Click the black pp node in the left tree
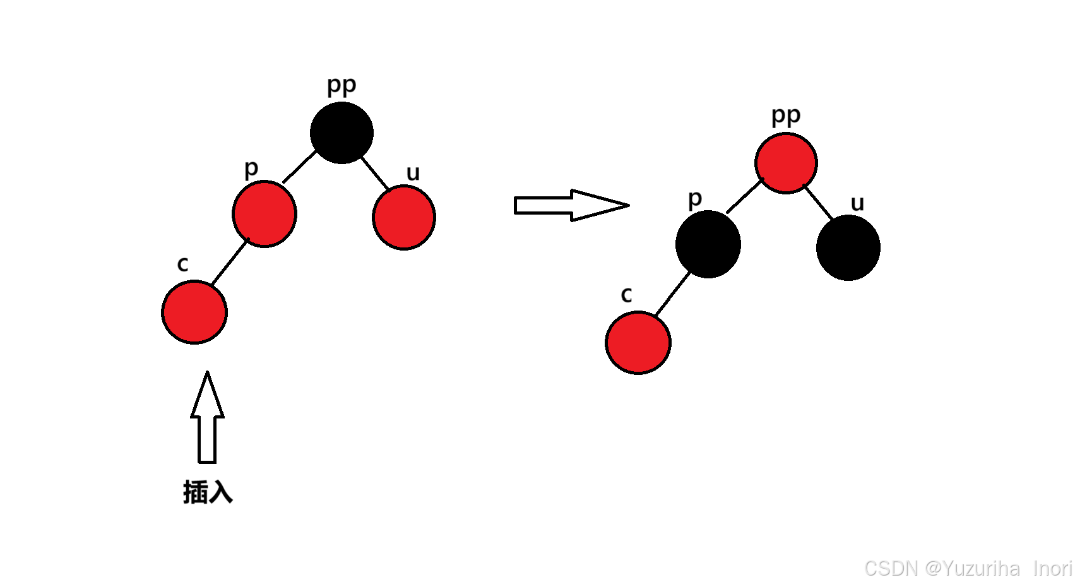[x=342, y=133]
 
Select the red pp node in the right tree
[x=786, y=163]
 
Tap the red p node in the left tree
[x=264, y=213]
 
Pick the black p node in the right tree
[x=708, y=244]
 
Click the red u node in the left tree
[x=404, y=217]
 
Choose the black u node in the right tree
[x=848, y=247]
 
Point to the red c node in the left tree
[x=194, y=312]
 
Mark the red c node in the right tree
[x=638, y=343]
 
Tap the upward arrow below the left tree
[x=207, y=420]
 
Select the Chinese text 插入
[x=208, y=492]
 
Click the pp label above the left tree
[x=342, y=85]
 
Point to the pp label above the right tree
[x=786, y=116]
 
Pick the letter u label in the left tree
[x=413, y=173]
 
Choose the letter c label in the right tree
[x=626, y=294]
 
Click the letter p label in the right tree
[x=694, y=199]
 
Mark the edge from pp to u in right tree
[x=819, y=203]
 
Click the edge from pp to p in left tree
[x=299, y=167]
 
